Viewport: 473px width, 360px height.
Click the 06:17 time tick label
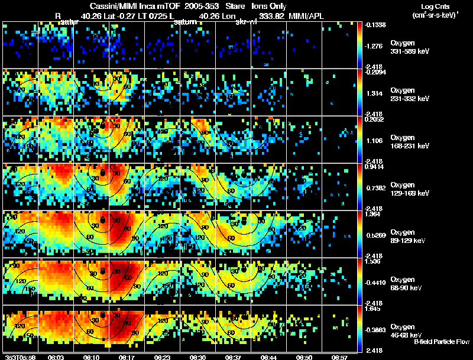[126, 357]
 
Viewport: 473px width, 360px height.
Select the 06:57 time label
[339, 357]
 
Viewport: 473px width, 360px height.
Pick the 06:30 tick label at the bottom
[197, 357]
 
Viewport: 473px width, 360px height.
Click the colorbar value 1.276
[377, 46]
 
